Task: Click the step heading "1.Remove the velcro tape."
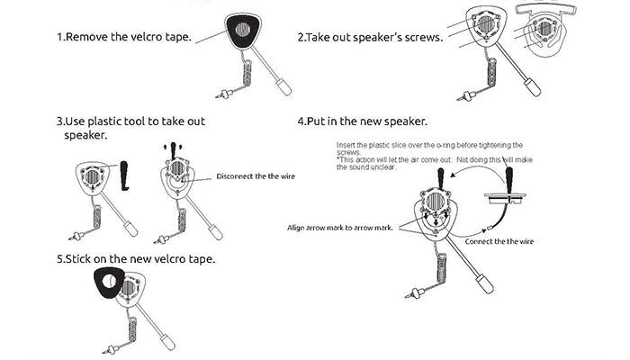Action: click(124, 39)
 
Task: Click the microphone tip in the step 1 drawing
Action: click(283, 89)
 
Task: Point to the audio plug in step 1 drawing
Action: click(222, 93)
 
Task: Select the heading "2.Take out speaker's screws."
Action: click(369, 39)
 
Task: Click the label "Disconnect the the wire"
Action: click(256, 176)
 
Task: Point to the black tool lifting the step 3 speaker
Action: click(172, 148)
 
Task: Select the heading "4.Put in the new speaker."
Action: click(362, 121)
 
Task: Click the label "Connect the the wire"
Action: click(501, 241)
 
